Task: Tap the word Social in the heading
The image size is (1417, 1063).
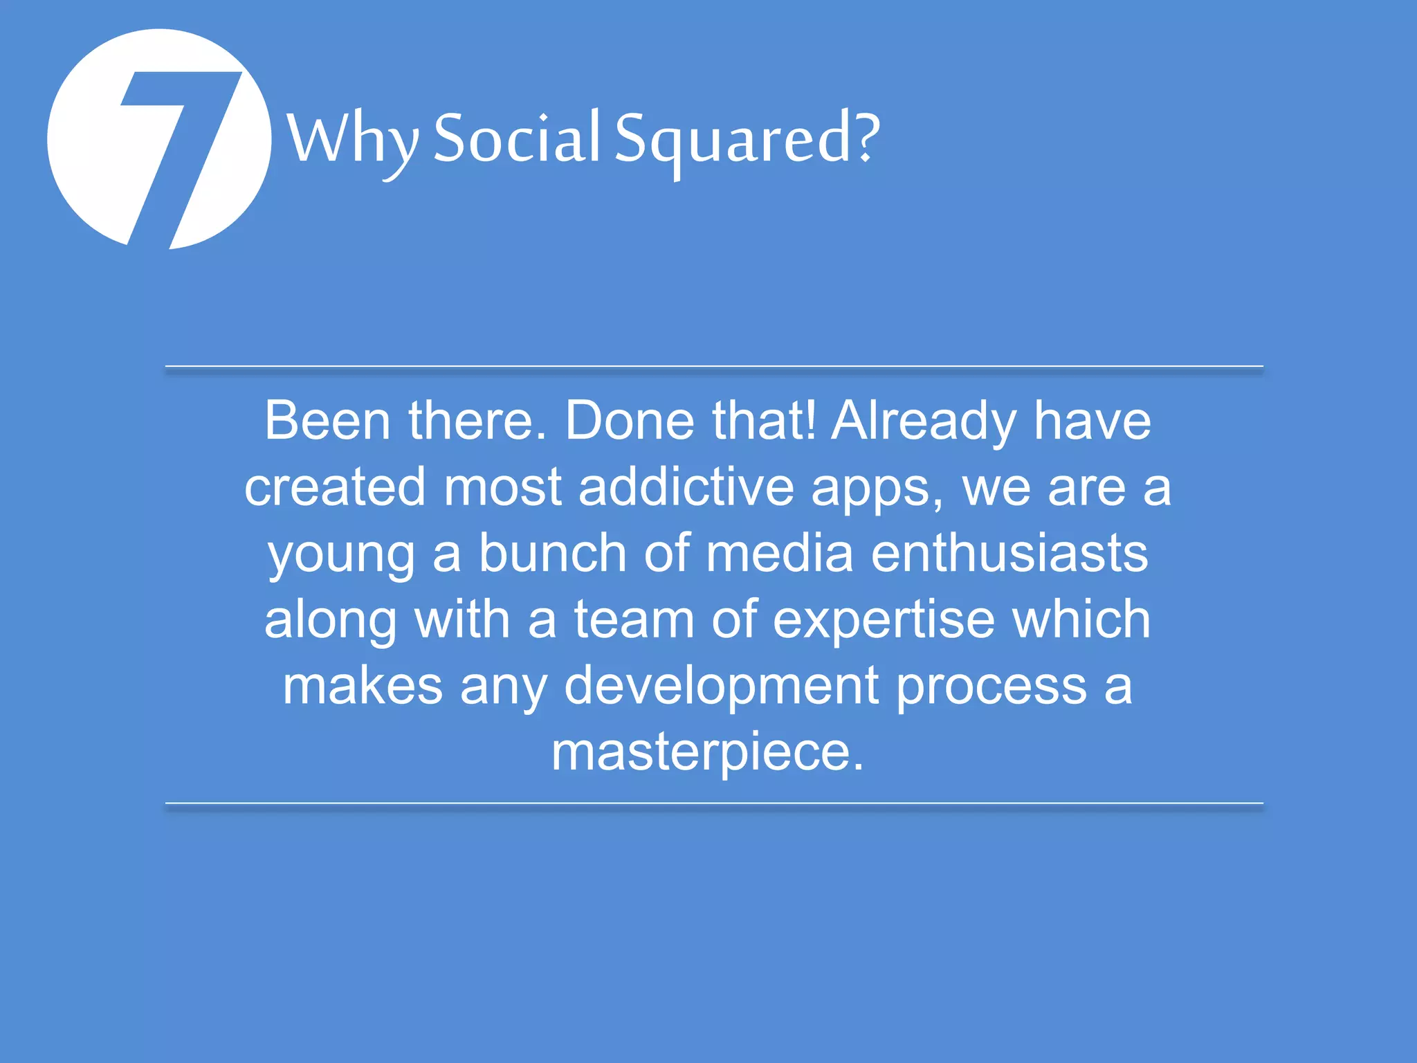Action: click(x=516, y=138)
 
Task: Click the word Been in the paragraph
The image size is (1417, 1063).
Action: click(x=328, y=421)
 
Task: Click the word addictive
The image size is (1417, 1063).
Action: click(x=686, y=487)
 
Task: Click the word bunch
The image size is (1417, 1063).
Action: click(x=553, y=553)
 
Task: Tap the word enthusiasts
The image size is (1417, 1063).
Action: click(x=1009, y=553)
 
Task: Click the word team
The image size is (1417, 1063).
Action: click(x=634, y=619)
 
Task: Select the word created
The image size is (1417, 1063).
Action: click(x=335, y=487)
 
